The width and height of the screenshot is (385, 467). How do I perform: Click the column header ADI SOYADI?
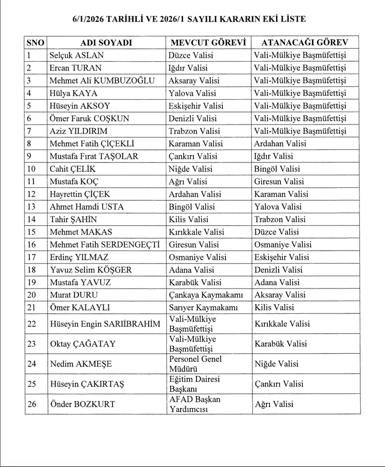tap(106, 43)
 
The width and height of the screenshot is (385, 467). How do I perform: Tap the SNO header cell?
tap(36, 43)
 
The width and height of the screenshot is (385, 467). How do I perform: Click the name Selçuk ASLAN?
tap(76, 55)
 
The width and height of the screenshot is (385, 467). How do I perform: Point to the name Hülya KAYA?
tap(73, 93)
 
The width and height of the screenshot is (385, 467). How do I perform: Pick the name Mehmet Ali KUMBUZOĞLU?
tap(102, 80)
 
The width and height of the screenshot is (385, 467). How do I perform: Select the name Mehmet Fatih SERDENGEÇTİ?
tap(105, 244)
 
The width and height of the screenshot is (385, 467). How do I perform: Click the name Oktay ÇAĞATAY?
tap(82, 344)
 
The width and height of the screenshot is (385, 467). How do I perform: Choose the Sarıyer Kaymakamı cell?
tap(203, 308)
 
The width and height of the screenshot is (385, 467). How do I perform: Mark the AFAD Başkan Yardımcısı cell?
tap(195, 404)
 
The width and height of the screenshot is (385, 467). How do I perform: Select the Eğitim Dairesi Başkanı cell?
tap(195, 384)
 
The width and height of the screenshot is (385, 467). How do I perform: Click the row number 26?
tap(32, 404)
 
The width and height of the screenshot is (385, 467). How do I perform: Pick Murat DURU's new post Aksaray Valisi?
tap(280, 295)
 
